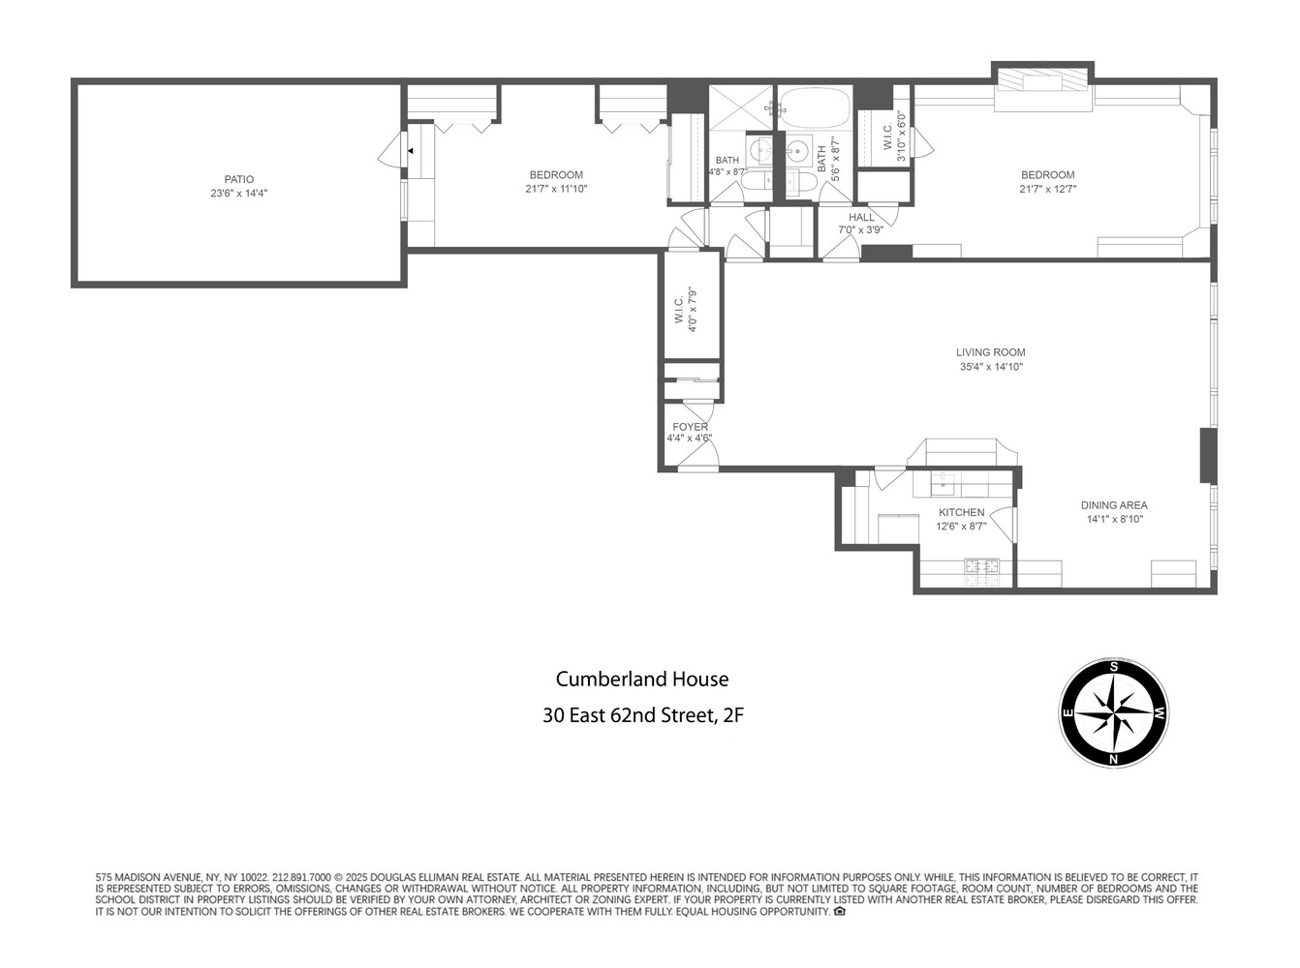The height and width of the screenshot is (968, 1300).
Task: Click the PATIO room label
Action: click(238, 179)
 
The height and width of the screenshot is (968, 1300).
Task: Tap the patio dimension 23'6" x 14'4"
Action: click(238, 194)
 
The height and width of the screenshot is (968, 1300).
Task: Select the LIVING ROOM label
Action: click(990, 353)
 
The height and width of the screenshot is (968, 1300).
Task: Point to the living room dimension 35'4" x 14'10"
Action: click(990, 368)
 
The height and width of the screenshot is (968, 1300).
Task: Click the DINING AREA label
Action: click(1114, 505)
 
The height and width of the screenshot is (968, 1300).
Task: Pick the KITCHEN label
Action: click(961, 513)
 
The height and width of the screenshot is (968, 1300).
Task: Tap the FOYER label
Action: click(690, 427)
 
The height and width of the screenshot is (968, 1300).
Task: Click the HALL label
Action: click(861, 218)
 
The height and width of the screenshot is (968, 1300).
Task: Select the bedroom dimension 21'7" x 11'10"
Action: click(556, 190)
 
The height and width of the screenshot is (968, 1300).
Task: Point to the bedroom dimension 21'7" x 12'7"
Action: click(1047, 190)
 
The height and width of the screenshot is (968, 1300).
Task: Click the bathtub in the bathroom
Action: click(815, 107)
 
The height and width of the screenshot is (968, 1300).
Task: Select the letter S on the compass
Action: click(1114, 667)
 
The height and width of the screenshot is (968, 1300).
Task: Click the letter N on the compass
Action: click(1114, 759)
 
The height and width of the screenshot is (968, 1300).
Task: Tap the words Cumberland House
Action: click(641, 680)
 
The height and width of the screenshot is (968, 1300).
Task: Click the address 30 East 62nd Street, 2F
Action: click(642, 716)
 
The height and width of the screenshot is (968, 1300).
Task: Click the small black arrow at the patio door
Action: click(411, 151)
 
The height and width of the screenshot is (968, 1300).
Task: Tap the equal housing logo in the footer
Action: click(840, 911)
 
